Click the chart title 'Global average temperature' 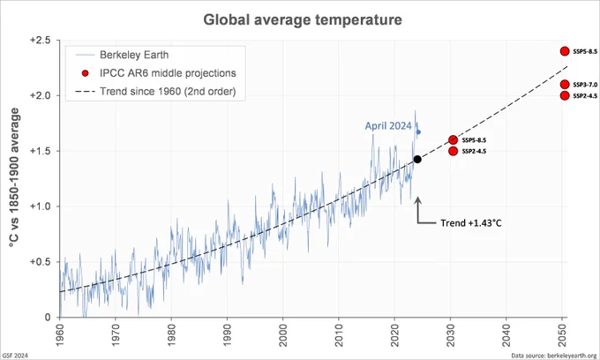[303, 19]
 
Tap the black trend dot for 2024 [417, 159]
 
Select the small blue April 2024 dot [418, 132]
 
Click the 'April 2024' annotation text [388, 126]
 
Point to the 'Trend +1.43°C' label [470, 223]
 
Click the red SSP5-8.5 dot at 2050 [565, 51]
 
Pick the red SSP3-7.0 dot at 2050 [565, 84]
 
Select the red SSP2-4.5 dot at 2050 [565, 95]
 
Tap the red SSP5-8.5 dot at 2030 [453, 139]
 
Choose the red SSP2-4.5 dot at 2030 [453, 151]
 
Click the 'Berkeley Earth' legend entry [123, 55]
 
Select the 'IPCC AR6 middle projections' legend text [168, 73]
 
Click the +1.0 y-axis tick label [41, 206]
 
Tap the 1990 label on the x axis [228, 335]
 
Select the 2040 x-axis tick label [506, 335]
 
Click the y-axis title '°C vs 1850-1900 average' [14, 177]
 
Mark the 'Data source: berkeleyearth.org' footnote [554, 356]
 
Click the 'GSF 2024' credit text [15, 356]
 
